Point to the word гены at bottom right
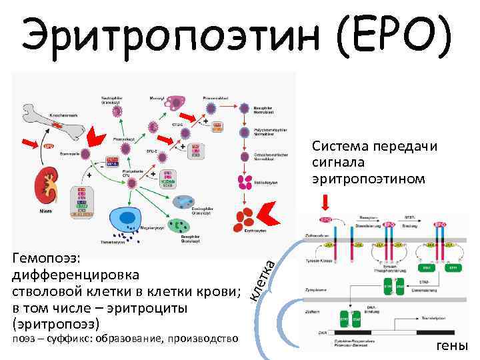click(x=452, y=345)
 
